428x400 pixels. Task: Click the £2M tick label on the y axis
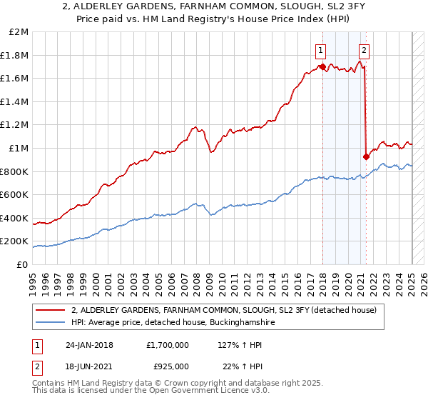coord(19,31)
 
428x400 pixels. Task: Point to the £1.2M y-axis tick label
coord(15,124)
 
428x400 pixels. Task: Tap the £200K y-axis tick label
coord(15,241)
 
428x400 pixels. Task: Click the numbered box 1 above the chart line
coord(322,50)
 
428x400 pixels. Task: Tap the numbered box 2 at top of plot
coord(365,50)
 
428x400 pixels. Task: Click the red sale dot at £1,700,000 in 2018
coord(322,67)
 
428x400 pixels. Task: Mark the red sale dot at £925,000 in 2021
coord(366,156)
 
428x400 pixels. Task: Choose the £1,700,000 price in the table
coord(167,345)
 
